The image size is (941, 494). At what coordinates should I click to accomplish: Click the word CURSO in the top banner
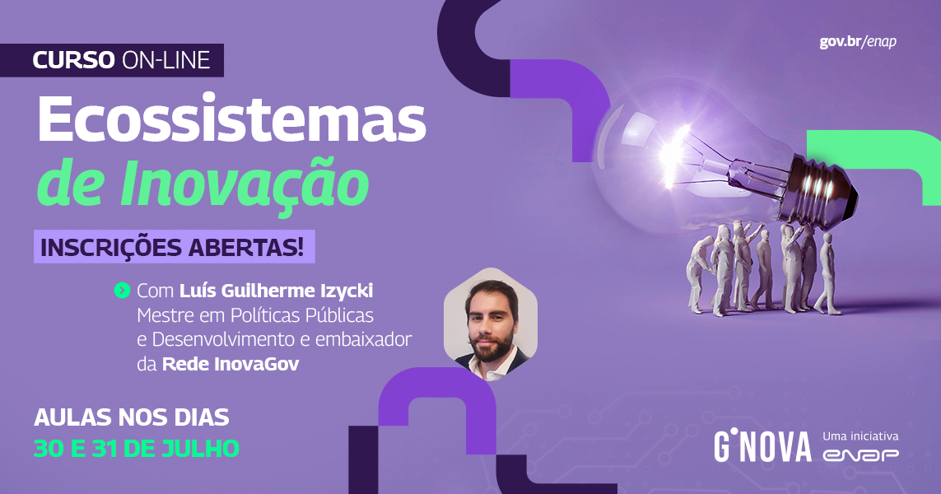click(x=73, y=60)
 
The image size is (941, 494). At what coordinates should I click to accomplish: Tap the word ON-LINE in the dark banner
click(x=165, y=60)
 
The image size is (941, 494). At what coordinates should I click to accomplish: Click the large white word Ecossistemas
click(x=231, y=120)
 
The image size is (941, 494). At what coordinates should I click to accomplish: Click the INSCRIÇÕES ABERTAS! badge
click(x=174, y=247)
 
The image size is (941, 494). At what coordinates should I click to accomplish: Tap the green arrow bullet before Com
click(x=122, y=291)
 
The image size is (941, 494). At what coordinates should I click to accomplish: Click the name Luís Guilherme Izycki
click(x=276, y=291)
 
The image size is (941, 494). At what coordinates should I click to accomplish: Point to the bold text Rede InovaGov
click(x=231, y=364)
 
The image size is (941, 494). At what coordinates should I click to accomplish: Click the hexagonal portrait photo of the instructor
click(x=491, y=324)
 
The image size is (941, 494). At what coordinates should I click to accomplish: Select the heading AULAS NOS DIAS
click(x=132, y=417)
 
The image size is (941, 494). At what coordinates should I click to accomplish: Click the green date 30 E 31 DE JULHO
click(x=136, y=449)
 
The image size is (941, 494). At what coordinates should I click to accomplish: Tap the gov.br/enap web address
click(x=858, y=42)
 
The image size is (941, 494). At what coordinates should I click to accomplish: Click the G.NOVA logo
click(x=762, y=446)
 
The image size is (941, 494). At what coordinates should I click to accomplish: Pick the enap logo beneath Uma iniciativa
click(x=860, y=455)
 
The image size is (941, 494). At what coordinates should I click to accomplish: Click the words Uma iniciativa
click(x=860, y=436)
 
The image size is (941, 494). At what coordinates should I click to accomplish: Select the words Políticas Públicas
click(x=302, y=315)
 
